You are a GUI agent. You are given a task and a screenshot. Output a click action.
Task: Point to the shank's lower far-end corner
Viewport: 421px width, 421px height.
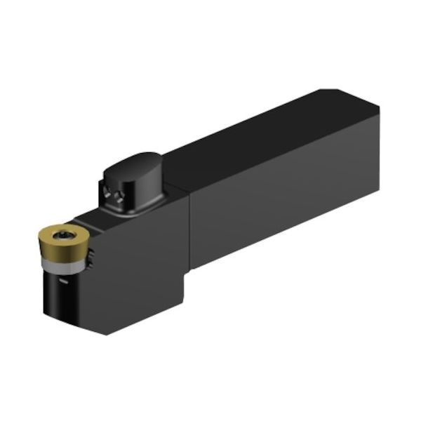[379, 189]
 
